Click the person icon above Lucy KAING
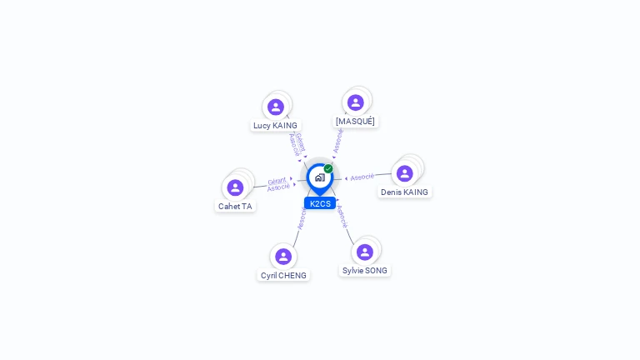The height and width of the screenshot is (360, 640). tap(276, 107)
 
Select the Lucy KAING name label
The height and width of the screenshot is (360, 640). tap(275, 126)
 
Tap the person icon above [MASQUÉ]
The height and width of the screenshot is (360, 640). tap(356, 102)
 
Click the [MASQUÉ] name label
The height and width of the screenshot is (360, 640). tap(355, 122)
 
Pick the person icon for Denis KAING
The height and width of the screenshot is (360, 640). tap(405, 173)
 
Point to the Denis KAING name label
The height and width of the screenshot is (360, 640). tap(404, 192)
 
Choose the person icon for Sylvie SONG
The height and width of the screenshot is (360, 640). tap(365, 252)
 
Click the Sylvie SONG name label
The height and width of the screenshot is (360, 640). tap(365, 271)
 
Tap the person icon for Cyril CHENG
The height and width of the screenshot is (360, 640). tap(283, 257)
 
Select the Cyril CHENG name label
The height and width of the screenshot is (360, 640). tap(283, 276)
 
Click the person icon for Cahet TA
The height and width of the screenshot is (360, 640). tap(235, 187)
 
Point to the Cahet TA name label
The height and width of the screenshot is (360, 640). tap(235, 207)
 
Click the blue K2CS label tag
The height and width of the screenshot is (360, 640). tap(320, 203)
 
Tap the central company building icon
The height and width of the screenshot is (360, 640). tap(320, 177)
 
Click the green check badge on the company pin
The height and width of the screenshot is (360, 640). tap(328, 169)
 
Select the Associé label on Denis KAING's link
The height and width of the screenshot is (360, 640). tap(362, 177)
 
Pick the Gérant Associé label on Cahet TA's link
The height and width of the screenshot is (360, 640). tap(278, 184)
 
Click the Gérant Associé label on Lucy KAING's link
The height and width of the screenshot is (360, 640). tap(297, 143)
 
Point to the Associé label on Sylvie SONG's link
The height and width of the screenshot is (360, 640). tap(342, 217)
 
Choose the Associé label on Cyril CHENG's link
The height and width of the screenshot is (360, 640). tap(302, 219)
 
